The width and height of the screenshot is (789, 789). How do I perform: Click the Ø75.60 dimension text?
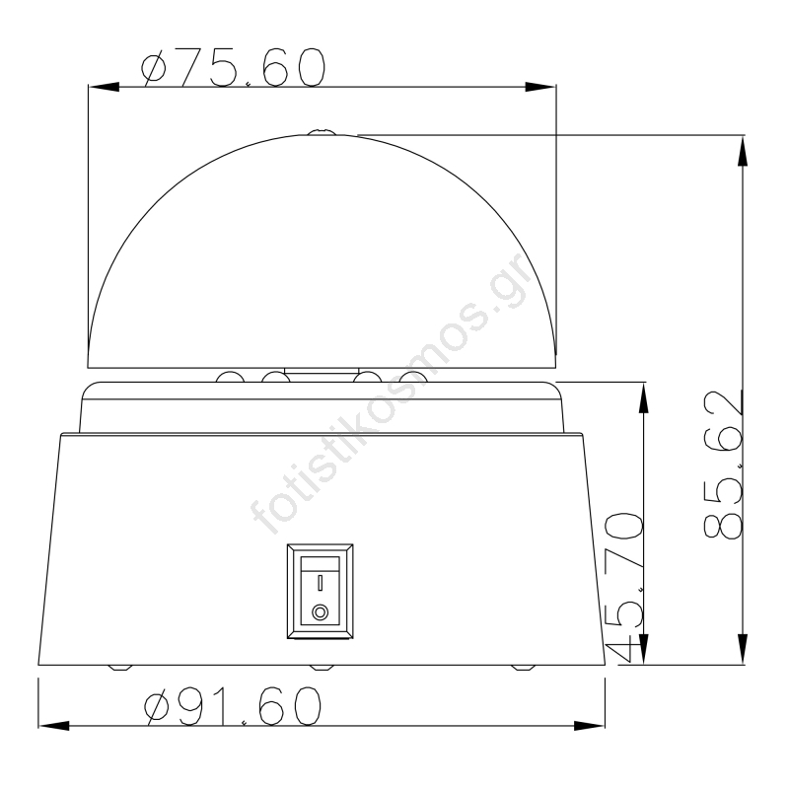pyautogui.click(x=233, y=67)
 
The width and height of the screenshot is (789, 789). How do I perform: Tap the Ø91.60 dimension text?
pyautogui.click(x=233, y=706)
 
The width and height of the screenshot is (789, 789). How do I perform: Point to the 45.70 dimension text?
pyautogui.click(x=624, y=586)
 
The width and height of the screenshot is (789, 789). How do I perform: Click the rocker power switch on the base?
pyautogui.click(x=320, y=591)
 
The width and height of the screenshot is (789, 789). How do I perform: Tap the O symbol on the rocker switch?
pyautogui.click(x=320, y=612)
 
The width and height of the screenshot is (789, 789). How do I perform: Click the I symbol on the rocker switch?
pyautogui.click(x=320, y=583)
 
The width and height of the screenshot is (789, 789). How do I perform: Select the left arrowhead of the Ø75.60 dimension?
pyautogui.click(x=104, y=87)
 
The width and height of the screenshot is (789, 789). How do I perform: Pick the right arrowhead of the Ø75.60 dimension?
pyautogui.click(x=540, y=87)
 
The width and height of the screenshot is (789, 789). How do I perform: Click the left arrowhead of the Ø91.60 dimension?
pyautogui.click(x=54, y=726)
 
